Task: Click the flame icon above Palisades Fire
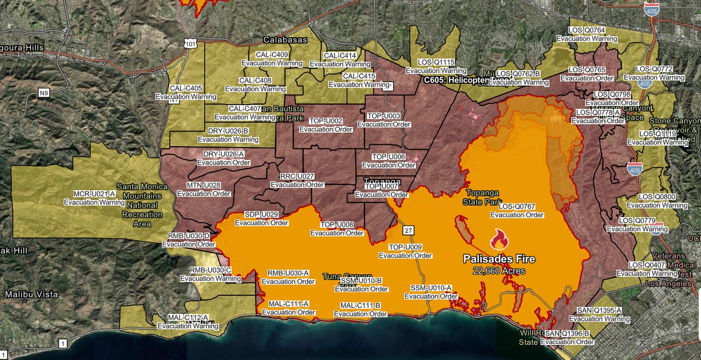tap(499, 240)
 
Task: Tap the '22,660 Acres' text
tap(499, 271)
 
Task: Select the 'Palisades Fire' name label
tap(499, 259)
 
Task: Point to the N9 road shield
tap(44, 93)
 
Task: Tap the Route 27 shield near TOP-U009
tap(407, 230)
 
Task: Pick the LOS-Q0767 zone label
tap(517, 207)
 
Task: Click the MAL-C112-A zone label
tap(187, 318)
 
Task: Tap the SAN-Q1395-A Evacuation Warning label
tap(599, 311)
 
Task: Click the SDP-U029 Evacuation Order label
tap(261, 215)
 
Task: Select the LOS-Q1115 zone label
tap(436, 63)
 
